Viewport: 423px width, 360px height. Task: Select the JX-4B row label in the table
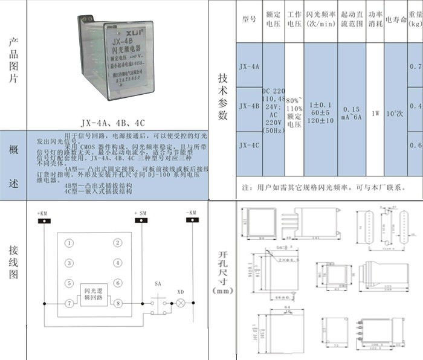249,106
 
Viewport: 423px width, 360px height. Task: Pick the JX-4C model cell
249,146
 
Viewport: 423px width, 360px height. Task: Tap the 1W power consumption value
375,112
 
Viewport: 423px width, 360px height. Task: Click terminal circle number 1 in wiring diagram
70,243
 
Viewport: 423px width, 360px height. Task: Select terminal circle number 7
70,302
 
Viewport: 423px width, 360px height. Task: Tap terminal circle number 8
118,302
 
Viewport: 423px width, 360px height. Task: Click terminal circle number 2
118,243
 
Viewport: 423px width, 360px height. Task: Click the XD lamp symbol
179,302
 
